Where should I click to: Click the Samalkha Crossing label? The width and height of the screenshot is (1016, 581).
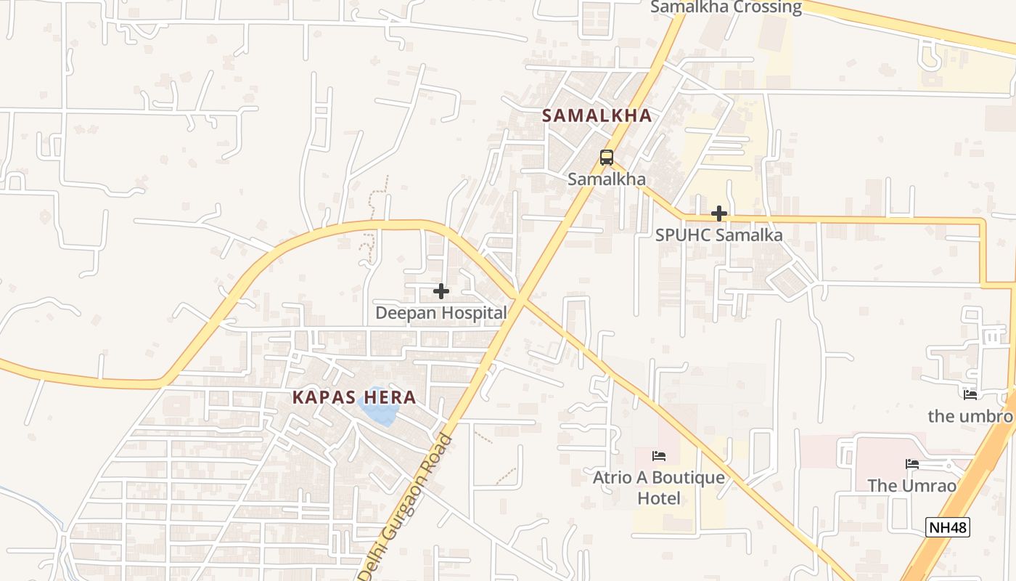(x=725, y=7)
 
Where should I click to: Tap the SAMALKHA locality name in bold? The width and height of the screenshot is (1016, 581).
(x=597, y=115)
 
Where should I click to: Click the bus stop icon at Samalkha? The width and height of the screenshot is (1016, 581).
(x=606, y=157)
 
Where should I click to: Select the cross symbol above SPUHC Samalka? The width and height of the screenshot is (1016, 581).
(x=719, y=214)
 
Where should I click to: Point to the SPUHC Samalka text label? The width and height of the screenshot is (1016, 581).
(x=718, y=235)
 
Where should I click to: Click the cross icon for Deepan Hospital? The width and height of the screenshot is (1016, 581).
(x=441, y=291)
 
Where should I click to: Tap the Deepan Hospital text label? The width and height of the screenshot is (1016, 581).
(x=441, y=313)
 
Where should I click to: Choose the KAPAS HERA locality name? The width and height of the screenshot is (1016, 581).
(x=354, y=397)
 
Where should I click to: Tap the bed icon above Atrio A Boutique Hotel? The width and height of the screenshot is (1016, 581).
(x=659, y=456)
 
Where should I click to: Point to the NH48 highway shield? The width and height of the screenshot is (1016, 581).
(x=948, y=527)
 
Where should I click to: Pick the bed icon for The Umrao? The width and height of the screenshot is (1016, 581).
(x=912, y=464)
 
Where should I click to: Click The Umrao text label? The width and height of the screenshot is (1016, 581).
(x=912, y=486)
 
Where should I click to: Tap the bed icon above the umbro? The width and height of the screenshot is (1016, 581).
(x=970, y=395)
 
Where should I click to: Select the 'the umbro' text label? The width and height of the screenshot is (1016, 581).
(x=970, y=416)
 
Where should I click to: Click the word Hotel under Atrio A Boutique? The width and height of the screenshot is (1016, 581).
(x=659, y=498)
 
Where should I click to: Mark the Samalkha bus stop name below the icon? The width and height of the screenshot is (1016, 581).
(x=606, y=179)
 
